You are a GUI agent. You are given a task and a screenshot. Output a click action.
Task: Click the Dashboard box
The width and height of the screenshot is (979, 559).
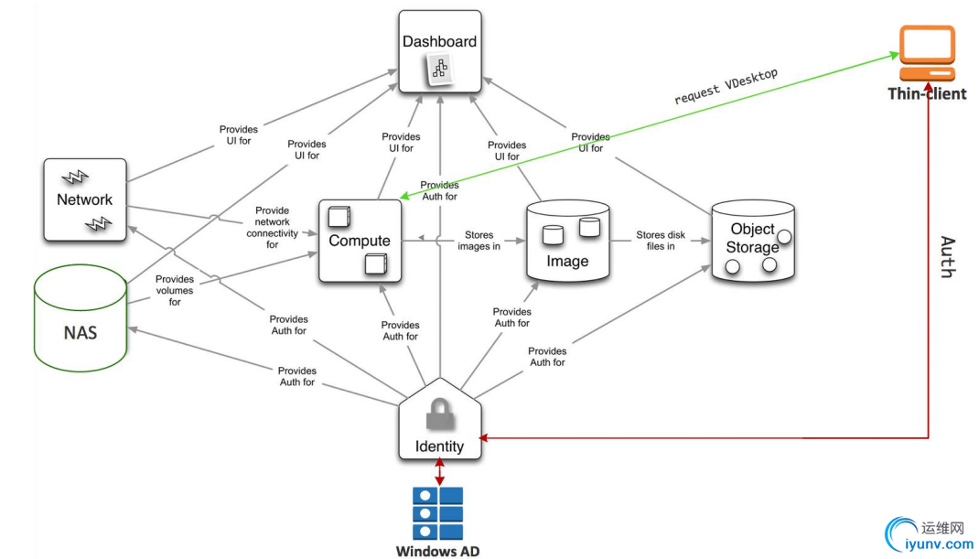pos(440,50)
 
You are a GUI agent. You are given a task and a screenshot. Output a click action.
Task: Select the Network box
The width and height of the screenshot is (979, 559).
pos(84,199)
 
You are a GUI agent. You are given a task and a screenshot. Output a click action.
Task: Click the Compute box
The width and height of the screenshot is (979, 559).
pos(360,241)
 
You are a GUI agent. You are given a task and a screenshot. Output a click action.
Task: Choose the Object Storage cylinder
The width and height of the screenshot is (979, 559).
pos(752,242)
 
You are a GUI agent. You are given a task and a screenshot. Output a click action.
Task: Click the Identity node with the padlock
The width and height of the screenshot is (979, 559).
pos(440,423)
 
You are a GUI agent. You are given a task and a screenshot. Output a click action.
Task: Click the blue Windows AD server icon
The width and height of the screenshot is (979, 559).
pos(438,512)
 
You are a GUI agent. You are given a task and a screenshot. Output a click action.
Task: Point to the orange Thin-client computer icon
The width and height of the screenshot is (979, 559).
pos(927,54)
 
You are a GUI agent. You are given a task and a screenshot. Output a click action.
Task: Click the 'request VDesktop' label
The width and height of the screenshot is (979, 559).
pos(726,86)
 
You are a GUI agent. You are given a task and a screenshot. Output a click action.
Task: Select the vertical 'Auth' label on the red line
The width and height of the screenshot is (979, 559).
pos(948,256)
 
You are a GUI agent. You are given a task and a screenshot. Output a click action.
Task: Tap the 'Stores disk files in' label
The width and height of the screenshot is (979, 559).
pos(661,241)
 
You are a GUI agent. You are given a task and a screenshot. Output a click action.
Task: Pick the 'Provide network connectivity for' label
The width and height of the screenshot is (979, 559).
pos(272,227)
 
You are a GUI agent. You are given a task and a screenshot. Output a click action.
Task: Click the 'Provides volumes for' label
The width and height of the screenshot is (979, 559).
pos(174,290)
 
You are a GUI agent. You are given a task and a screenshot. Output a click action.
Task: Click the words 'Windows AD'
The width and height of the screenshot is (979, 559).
pos(437,551)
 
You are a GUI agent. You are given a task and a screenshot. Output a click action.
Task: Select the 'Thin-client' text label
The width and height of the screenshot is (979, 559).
pos(927,93)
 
